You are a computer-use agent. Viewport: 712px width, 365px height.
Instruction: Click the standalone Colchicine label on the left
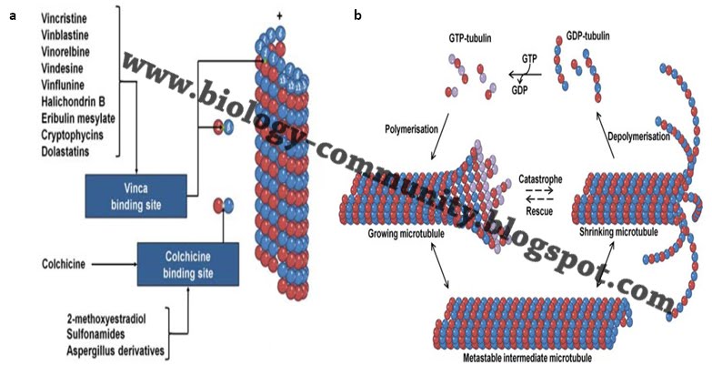[x=41, y=265]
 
